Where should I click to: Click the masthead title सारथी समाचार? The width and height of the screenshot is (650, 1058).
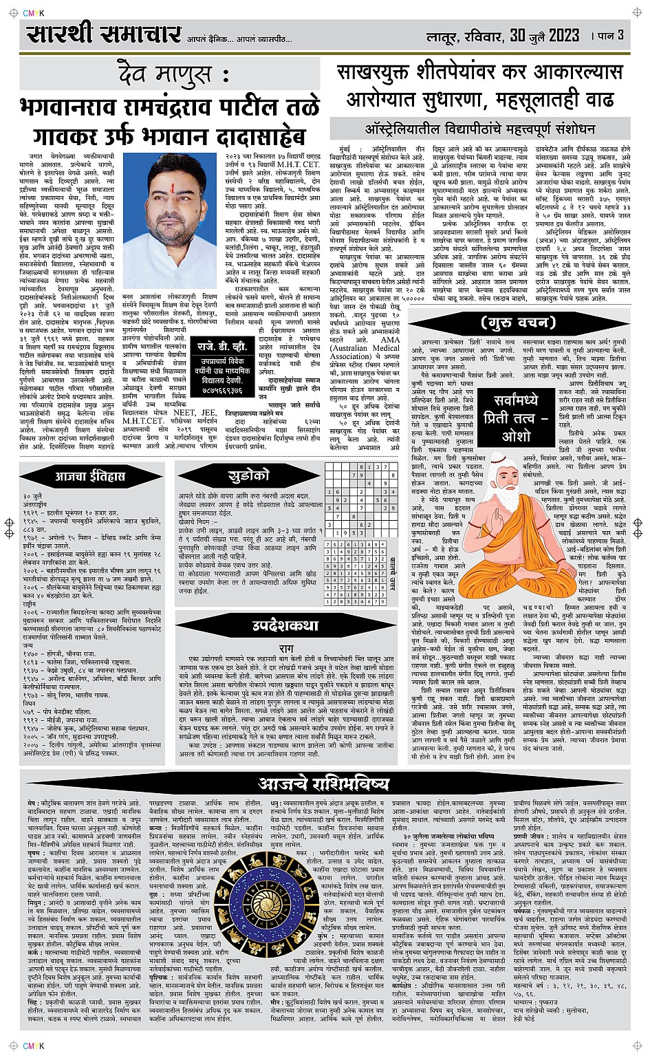point(104,34)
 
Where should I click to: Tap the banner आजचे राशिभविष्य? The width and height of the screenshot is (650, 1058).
point(323,783)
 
